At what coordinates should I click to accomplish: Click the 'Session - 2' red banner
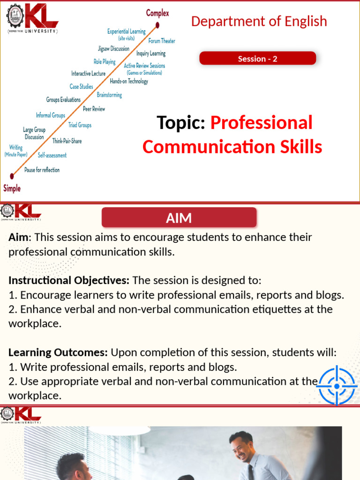pyautogui.click(x=257, y=59)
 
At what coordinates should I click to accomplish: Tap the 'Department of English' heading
pyautogui.click(x=259, y=21)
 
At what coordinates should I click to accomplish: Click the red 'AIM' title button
pyautogui.click(x=179, y=218)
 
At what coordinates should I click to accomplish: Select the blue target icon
pyautogui.click(x=337, y=386)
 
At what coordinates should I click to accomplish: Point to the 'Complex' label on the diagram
pyautogui.click(x=157, y=13)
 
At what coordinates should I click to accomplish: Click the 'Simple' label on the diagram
pyautogui.click(x=12, y=188)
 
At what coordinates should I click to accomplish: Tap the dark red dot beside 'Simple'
pyautogui.click(x=12, y=176)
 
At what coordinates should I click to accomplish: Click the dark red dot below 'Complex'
pyautogui.click(x=158, y=25)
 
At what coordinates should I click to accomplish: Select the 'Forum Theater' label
pyautogui.click(x=162, y=41)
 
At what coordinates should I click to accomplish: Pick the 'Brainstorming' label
pyautogui.click(x=109, y=95)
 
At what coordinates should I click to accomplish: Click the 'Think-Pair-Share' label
pyautogui.click(x=67, y=141)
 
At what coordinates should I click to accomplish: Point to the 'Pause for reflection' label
pyautogui.click(x=42, y=170)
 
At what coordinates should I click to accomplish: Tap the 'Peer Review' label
pyautogui.click(x=94, y=109)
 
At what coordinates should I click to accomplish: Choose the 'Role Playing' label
pyautogui.click(x=105, y=61)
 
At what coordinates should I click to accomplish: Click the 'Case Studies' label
pyautogui.click(x=81, y=86)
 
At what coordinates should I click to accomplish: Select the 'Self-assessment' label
pyautogui.click(x=52, y=155)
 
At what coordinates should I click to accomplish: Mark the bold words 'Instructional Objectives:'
pyautogui.click(x=69, y=281)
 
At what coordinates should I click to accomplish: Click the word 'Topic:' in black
pyautogui.click(x=181, y=123)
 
